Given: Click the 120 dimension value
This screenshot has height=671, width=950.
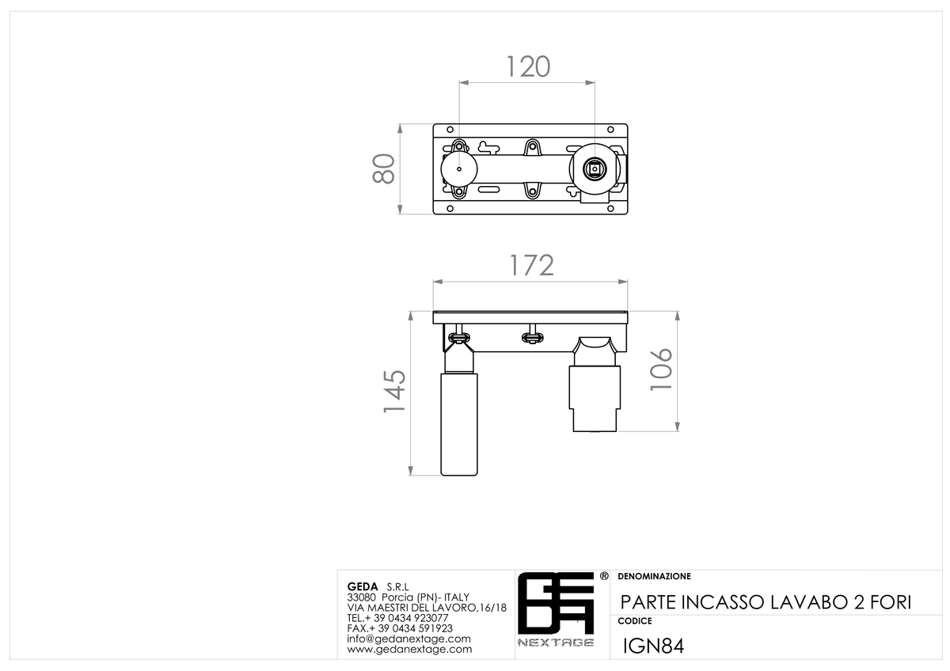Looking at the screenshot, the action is pos(529,66).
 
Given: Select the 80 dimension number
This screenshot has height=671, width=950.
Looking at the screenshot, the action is pos(384,169).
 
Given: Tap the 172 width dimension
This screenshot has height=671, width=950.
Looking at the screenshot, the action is pos(531,265).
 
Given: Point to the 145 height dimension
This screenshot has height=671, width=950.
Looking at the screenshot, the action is pos(394,391).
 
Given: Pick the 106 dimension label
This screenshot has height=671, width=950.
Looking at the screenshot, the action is pos(662,370).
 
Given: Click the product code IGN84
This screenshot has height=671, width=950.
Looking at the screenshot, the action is pos(653,646).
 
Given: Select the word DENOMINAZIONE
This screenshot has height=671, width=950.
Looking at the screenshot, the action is pos(655,577).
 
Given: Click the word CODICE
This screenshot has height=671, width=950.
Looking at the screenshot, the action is pos(635,621).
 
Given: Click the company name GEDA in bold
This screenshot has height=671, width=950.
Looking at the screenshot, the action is pos(363,586).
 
